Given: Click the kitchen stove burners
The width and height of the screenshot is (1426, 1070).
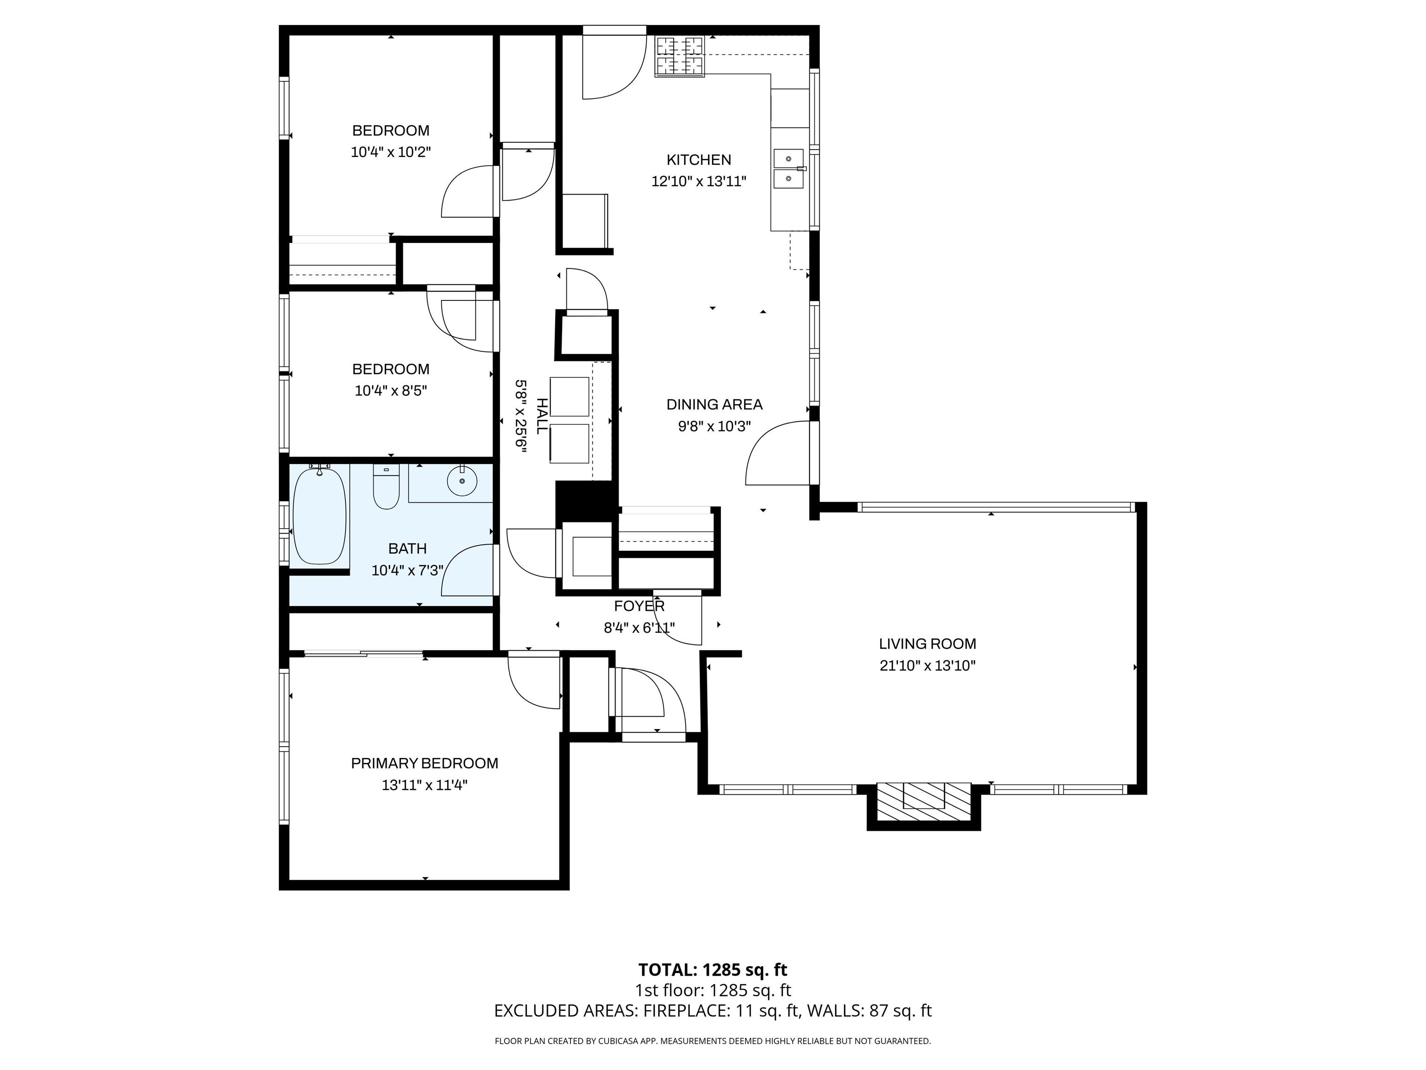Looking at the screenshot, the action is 680,55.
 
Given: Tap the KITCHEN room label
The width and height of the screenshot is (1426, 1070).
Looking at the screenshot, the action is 699,160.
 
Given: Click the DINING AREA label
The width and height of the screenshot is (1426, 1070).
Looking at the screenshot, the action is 714,405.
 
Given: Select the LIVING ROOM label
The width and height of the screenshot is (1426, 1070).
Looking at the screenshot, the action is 927,644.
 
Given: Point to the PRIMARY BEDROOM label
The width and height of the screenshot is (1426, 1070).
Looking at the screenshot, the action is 424,763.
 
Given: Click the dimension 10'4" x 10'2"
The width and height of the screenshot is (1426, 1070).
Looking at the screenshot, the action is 391,153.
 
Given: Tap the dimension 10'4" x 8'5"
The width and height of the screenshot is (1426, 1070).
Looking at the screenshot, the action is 391,391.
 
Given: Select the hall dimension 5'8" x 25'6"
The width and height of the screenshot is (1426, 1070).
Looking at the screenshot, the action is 520,416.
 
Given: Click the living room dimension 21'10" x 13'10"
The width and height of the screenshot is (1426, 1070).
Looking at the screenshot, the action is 927,665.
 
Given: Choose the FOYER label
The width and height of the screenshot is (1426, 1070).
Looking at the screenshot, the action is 639,606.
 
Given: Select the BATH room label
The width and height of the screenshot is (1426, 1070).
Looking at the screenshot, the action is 408,549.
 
